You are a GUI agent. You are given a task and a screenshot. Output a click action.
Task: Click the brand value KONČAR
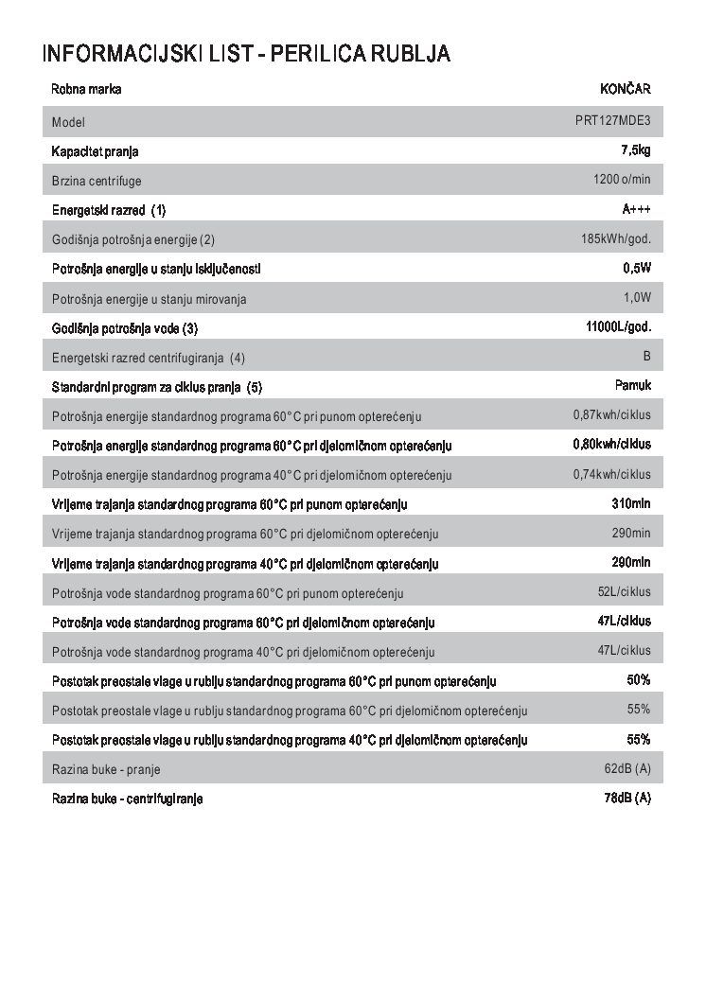tap(625, 90)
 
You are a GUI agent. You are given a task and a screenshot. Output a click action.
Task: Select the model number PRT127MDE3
tap(612, 121)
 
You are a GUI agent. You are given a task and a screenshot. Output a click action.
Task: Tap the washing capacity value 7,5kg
tap(635, 149)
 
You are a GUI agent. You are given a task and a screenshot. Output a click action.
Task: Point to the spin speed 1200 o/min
tap(622, 179)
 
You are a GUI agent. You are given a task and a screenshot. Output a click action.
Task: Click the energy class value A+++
tap(636, 208)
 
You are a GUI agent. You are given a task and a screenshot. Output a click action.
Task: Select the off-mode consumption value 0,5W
tap(637, 268)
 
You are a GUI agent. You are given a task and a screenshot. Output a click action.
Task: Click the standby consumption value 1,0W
tap(637, 297)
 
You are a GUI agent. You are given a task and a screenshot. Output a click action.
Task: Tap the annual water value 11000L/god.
tap(619, 326)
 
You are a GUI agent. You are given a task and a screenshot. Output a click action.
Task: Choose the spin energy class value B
tap(646, 356)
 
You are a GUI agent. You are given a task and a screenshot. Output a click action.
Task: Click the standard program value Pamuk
tap(632, 385)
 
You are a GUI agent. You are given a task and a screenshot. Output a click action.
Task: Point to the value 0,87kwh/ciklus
tap(611, 414)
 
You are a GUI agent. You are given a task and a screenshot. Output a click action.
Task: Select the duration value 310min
tap(631, 503)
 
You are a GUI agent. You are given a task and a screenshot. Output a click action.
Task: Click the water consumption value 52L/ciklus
tap(624, 591)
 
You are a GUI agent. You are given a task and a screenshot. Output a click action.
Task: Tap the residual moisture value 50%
tap(639, 679)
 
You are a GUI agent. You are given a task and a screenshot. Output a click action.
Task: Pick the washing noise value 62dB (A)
tap(627, 767)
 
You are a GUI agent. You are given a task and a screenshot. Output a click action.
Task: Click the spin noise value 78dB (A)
tap(627, 797)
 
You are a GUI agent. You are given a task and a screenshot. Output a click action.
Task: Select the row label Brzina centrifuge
tap(97, 181)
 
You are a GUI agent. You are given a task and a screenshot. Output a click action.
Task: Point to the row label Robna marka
tap(86, 90)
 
